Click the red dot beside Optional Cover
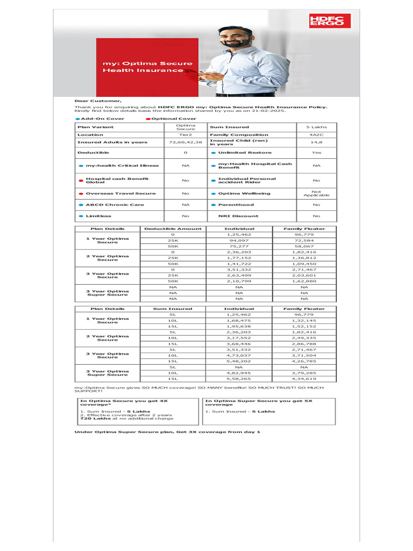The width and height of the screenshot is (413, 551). click(x=148, y=118)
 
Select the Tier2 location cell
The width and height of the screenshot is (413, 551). click(x=186, y=135)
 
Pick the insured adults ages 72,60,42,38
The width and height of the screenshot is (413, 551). click(x=186, y=142)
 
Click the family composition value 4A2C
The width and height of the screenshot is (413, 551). click(x=316, y=135)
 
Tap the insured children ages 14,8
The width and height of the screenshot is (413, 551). click(x=316, y=142)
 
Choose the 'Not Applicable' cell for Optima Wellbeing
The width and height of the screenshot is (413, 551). click(x=316, y=193)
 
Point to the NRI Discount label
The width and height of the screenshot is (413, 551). click(x=238, y=216)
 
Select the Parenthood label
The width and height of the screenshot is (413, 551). click(x=236, y=204)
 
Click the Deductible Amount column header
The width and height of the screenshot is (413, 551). click(x=173, y=229)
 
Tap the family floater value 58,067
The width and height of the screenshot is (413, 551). click(x=304, y=246)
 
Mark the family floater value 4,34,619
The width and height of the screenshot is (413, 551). click(x=304, y=379)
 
